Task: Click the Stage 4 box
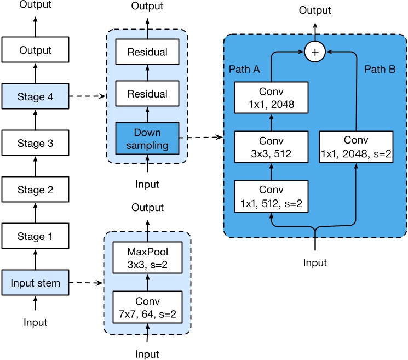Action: click(36, 96)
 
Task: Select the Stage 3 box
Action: click(36, 143)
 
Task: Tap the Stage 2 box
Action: click(36, 190)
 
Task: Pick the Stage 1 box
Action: click(36, 236)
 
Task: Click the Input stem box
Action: click(36, 283)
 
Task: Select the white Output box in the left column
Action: click(36, 50)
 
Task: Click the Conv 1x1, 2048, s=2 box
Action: click(357, 147)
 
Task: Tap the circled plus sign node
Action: click(315, 52)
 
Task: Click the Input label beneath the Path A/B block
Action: click(315, 263)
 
